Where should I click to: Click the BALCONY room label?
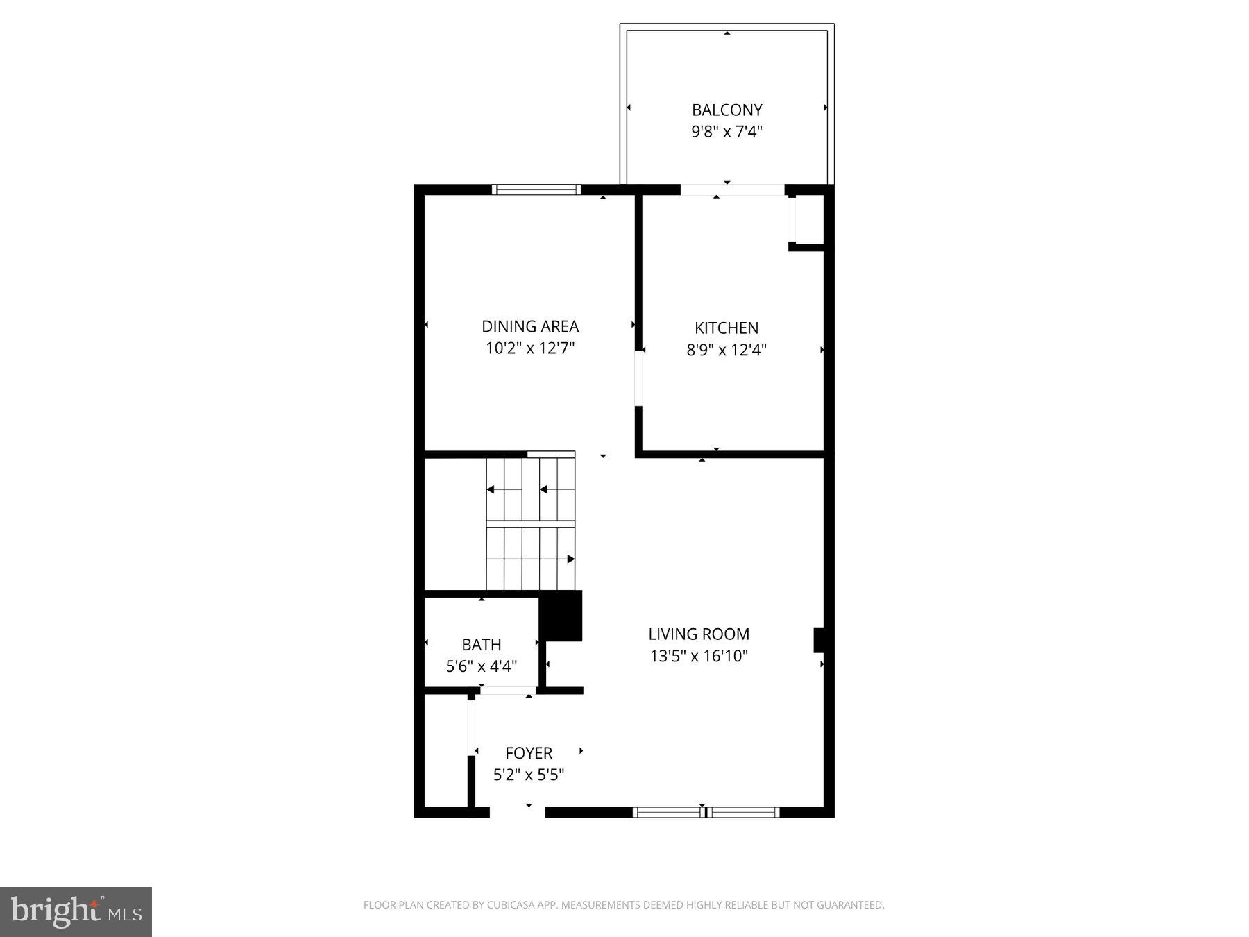coord(727,110)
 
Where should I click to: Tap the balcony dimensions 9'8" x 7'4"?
coord(727,131)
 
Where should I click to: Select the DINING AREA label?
coord(530,326)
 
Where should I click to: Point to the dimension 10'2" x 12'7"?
coord(530,348)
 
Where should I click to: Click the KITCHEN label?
coord(727,328)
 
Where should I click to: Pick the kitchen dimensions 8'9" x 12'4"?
coord(727,350)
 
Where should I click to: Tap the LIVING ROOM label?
coord(699,634)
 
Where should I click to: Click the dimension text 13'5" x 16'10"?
coord(699,656)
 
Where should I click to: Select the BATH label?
coord(482,645)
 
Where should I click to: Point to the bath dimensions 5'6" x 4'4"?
coord(482,666)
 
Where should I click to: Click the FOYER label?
coord(529,753)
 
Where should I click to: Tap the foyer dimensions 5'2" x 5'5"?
coord(529,775)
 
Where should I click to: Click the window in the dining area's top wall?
coord(536,189)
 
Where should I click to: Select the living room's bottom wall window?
coord(706,812)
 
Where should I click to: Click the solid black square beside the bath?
coord(561,616)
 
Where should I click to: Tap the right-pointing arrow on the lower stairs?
coord(570,559)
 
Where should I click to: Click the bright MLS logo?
coord(76,911)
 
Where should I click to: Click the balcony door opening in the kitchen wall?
coord(732,189)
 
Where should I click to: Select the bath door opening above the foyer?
coord(508,691)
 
